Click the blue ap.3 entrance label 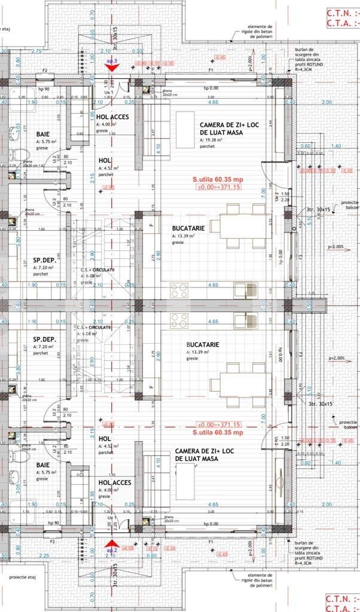pos(111,62)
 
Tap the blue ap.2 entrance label pos(111,550)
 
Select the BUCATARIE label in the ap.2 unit pos(203,345)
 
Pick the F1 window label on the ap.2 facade pos(210,541)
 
